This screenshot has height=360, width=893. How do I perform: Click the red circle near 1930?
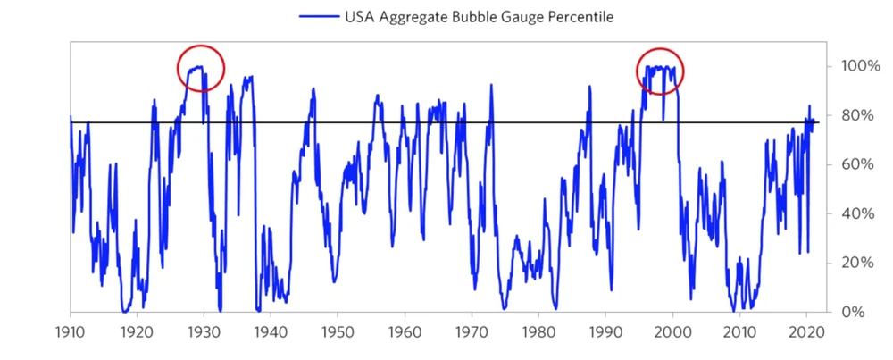click(201, 68)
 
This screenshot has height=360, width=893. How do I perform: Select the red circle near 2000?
click(660, 71)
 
